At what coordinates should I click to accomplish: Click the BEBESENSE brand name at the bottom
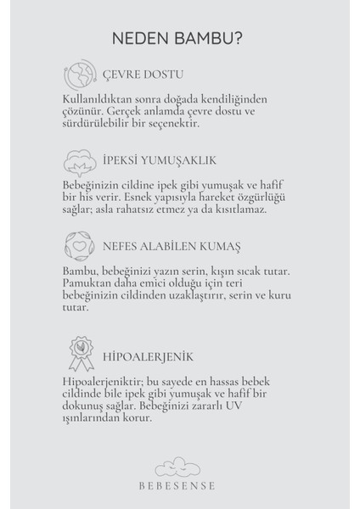180,485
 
